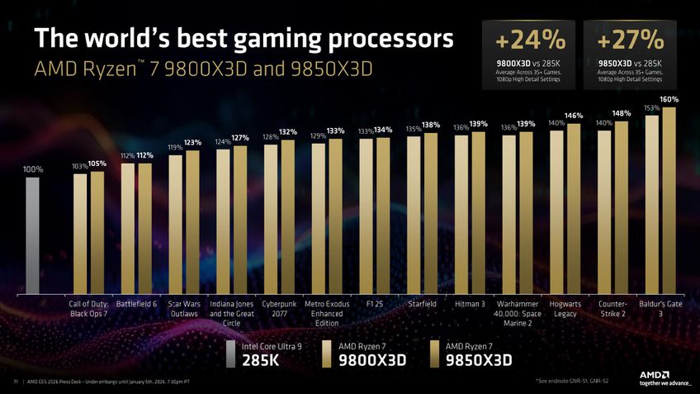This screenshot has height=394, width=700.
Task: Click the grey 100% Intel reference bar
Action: (32, 235)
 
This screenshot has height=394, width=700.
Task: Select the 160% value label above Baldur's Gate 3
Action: (669, 99)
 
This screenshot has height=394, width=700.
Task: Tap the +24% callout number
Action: (531, 39)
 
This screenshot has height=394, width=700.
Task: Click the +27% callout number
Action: (630, 39)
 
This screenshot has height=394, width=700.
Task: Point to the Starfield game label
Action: (422, 304)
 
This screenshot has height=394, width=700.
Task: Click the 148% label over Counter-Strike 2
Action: (622, 113)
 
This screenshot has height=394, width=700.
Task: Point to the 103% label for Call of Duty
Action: (79, 166)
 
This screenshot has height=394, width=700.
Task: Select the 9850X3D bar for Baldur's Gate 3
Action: (669, 199)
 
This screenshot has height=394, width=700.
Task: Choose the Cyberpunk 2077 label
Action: (280, 309)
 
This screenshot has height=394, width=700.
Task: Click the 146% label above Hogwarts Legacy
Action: (574, 116)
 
